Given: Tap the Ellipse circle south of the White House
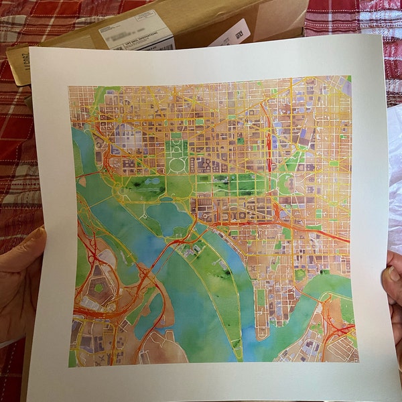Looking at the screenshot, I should (176, 164).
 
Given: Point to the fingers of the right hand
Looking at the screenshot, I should (392, 281).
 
